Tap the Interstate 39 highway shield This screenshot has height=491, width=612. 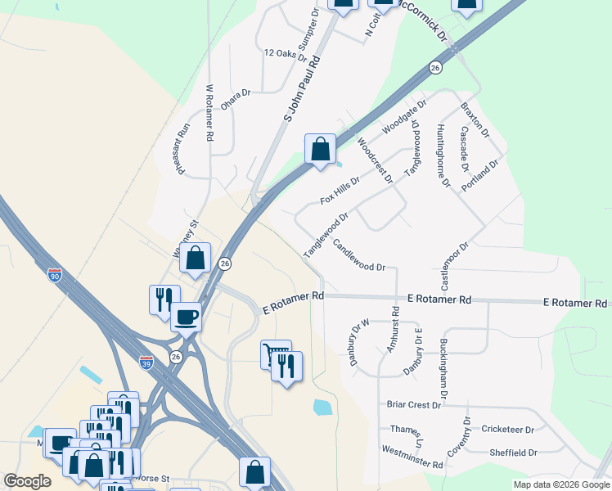coord(146,359)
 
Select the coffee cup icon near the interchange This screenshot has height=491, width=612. coord(187,316)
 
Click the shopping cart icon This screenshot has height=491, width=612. coord(275,354)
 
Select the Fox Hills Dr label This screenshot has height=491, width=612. coord(340,190)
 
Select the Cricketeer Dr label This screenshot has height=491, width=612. coord(507,429)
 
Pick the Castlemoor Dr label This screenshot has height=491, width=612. coord(455,266)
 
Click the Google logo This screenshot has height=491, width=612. coord(27,481)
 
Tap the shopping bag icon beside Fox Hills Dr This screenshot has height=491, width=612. coord(321,150)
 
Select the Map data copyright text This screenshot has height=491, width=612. coord(560,484)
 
